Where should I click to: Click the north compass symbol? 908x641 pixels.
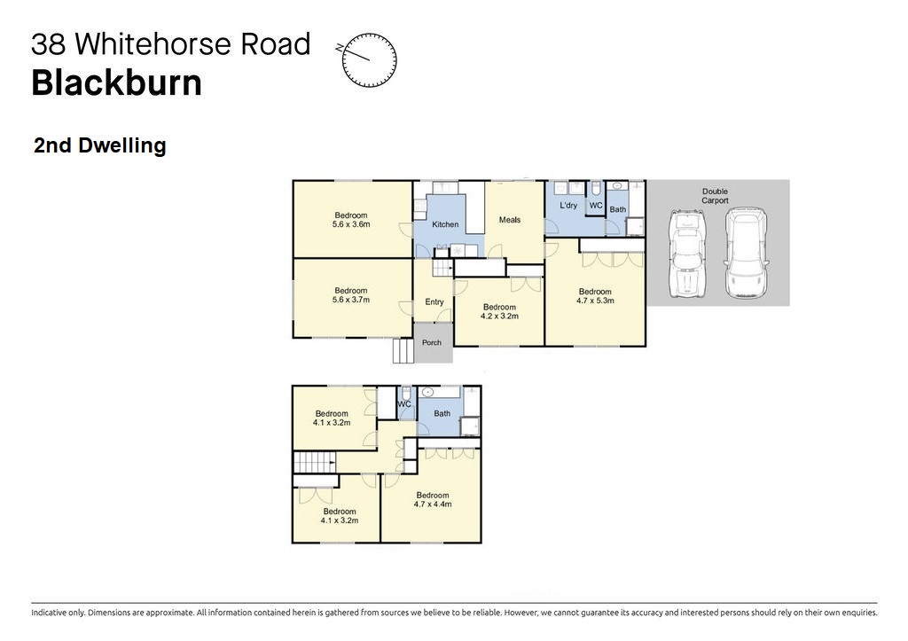click(x=368, y=59)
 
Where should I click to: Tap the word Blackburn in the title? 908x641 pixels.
click(x=116, y=82)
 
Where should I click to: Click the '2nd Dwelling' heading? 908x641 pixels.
click(x=99, y=145)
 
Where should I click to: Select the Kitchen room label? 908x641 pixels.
click(x=445, y=224)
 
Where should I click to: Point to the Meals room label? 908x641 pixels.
click(x=510, y=220)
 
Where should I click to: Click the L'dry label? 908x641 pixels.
click(x=568, y=205)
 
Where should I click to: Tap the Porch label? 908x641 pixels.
click(x=432, y=342)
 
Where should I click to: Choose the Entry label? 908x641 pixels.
click(x=434, y=301)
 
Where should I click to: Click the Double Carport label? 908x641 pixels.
click(x=716, y=196)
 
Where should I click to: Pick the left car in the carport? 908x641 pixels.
click(x=687, y=254)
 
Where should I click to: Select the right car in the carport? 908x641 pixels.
click(x=747, y=254)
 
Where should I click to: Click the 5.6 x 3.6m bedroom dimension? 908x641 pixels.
click(x=351, y=224)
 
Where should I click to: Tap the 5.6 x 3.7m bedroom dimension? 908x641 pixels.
click(x=351, y=300)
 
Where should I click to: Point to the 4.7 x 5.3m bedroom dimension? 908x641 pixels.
click(x=595, y=301)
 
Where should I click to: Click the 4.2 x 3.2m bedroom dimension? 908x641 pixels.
click(x=499, y=317)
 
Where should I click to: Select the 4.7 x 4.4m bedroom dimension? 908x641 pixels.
click(x=433, y=504)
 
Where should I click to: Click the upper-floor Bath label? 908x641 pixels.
click(x=442, y=413)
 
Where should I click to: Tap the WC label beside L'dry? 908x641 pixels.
click(x=596, y=205)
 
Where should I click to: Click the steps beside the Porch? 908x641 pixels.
click(x=403, y=350)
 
